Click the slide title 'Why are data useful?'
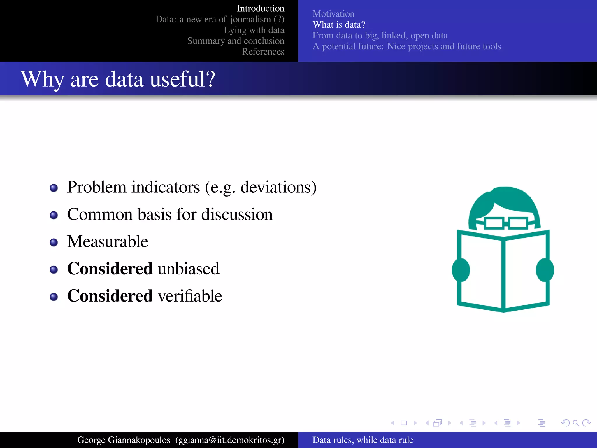click(x=118, y=79)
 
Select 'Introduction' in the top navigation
click(x=260, y=8)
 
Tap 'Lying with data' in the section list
click(x=254, y=30)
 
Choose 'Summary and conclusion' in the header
click(x=236, y=41)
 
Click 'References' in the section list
click(x=263, y=52)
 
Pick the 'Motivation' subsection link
click(x=333, y=14)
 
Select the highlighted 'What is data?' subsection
click(x=339, y=25)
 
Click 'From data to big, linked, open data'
click(x=380, y=36)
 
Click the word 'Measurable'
click(x=108, y=242)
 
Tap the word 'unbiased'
click(x=188, y=269)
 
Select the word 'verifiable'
click(x=190, y=296)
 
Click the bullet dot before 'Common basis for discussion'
click(x=54, y=215)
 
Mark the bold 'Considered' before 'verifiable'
click(x=110, y=296)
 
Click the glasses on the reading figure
click(x=506, y=223)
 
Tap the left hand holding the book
click(x=461, y=270)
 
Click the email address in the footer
click(x=230, y=440)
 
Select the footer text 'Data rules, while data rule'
click(x=363, y=440)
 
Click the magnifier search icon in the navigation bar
click(x=576, y=423)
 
